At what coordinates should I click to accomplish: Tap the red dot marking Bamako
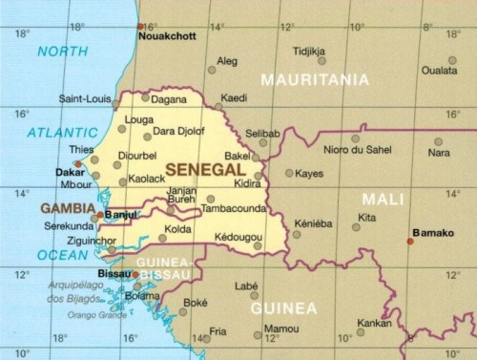click(x=410, y=241)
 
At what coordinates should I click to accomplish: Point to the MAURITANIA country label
click(x=314, y=79)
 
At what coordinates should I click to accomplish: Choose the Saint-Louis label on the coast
click(x=85, y=97)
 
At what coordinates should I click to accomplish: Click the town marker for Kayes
click(x=289, y=173)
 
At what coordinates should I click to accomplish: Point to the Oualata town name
click(x=439, y=70)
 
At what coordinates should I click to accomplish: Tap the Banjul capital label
click(x=121, y=215)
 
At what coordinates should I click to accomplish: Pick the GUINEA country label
click(x=283, y=308)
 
